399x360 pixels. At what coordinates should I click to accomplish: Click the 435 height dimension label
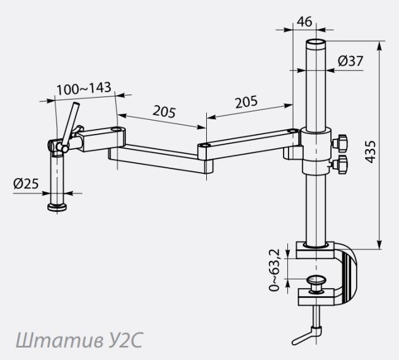370,152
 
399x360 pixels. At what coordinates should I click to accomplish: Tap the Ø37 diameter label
351,61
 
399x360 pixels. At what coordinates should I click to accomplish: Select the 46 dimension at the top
304,22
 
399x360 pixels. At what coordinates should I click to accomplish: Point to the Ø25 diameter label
26,183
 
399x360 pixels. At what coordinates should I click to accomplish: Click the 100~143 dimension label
83,88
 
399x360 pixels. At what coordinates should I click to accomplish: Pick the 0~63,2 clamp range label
274,270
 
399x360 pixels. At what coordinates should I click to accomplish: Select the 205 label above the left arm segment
164,112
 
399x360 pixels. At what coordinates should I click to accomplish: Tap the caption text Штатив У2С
79,340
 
